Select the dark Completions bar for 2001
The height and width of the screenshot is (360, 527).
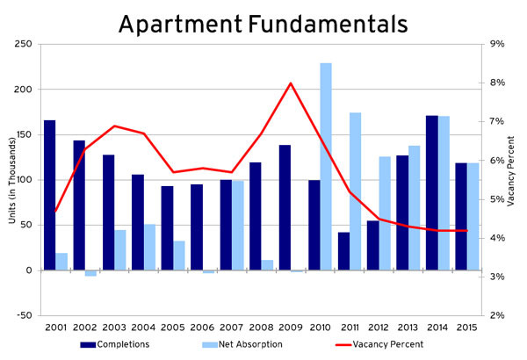pyautogui.click(x=49, y=195)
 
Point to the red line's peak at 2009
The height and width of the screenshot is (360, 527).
pyautogui.click(x=291, y=83)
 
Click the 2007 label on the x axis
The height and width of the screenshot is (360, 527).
pyautogui.click(x=232, y=328)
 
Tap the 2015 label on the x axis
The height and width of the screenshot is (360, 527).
pyautogui.click(x=466, y=328)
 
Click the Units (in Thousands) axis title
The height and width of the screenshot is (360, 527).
pyautogui.click(x=11, y=179)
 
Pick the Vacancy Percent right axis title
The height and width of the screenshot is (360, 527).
pyautogui.click(x=512, y=179)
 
